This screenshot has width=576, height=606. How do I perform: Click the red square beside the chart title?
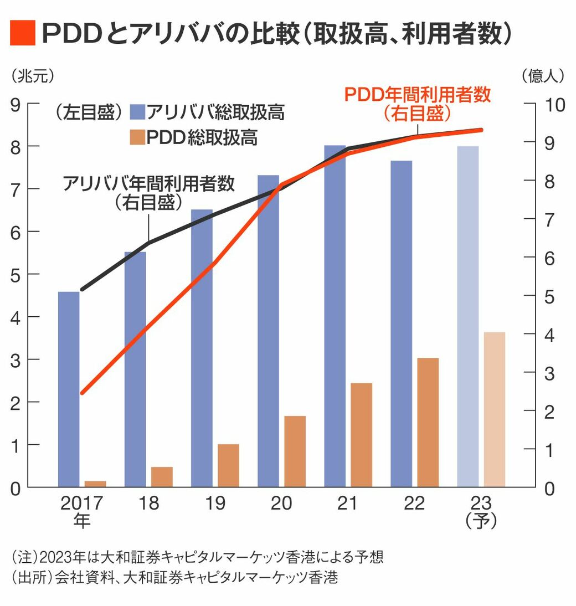(23, 33)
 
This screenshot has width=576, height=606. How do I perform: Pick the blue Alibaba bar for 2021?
(335, 316)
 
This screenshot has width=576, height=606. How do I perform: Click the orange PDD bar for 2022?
(428, 423)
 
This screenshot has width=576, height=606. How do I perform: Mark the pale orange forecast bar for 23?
(495, 409)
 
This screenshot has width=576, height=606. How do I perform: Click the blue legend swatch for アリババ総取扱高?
(137, 112)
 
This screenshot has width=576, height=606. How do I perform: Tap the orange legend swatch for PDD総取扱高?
(137, 137)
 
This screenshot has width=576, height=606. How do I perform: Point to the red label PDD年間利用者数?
(418, 95)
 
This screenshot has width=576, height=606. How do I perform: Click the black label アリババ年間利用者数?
(149, 183)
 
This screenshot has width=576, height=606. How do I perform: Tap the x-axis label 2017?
(82, 503)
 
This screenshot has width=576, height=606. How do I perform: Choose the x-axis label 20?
(281, 503)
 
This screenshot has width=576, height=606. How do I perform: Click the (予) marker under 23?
(481, 521)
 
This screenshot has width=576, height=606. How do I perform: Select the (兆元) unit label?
(33, 75)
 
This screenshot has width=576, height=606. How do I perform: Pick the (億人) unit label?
(543, 75)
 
